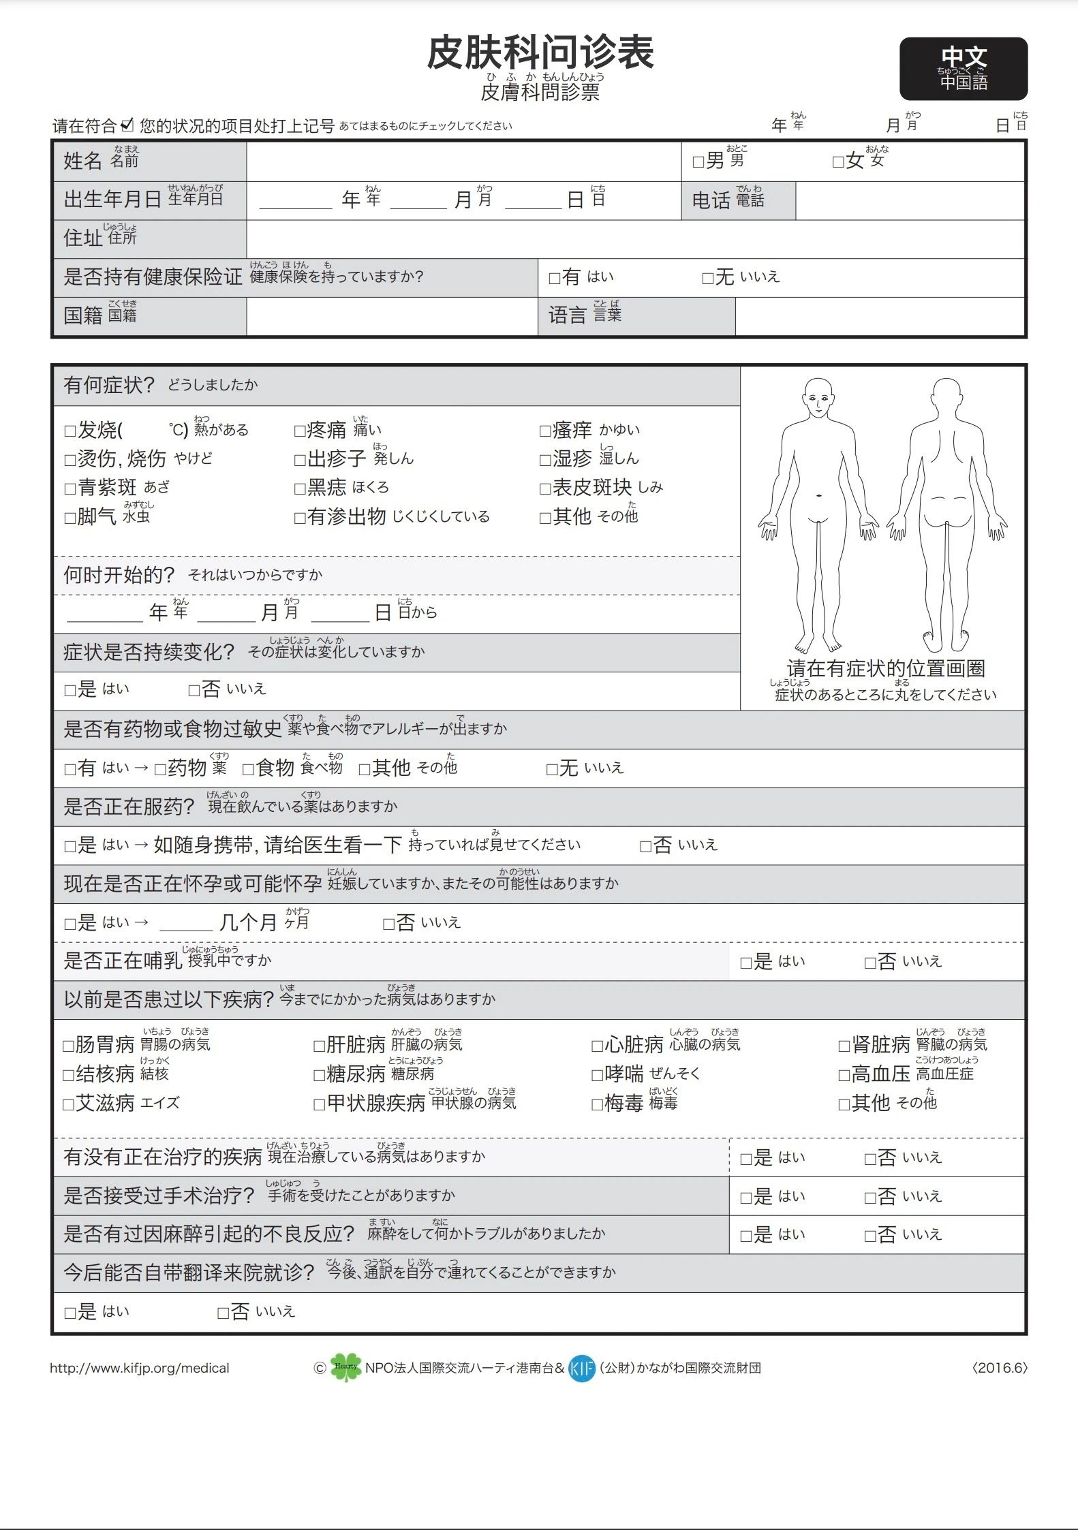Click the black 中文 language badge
coord(963,69)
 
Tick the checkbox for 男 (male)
coord(698,162)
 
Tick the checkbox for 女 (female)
coord(838,162)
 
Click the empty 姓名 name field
coord(463,161)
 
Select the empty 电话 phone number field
coord(910,200)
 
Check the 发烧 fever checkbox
coord(70,431)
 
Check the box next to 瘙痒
coord(544,431)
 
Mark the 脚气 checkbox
coord(70,518)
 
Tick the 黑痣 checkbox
coord(300,489)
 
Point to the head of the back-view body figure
coord(946,398)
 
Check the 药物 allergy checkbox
coord(160,770)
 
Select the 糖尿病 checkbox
coord(319,1076)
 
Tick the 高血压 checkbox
coord(844,1076)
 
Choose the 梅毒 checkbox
coord(597,1105)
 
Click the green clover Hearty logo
coord(345,1367)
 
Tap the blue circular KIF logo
coord(581,1368)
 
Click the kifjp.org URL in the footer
coord(140,1368)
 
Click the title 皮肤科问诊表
coord(540,53)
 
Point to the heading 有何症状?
coord(109,386)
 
